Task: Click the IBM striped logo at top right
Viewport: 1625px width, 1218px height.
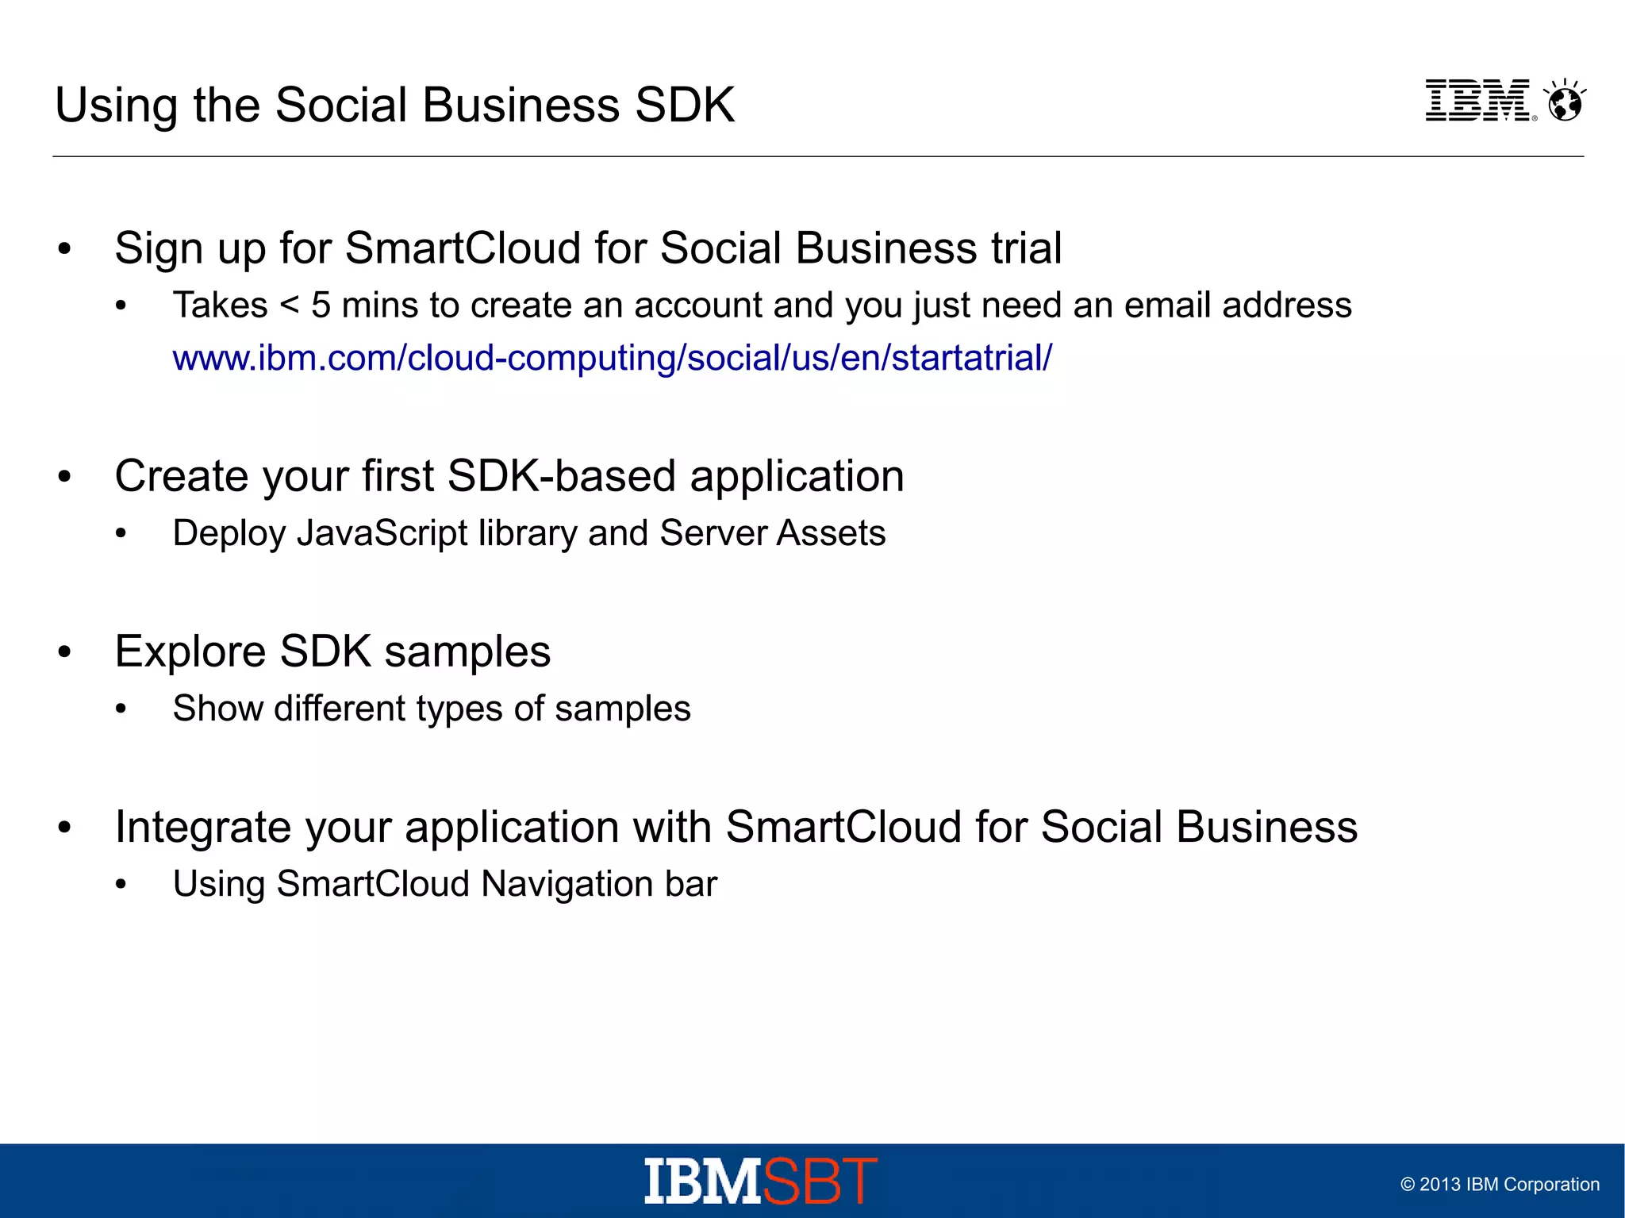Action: [1477, 101]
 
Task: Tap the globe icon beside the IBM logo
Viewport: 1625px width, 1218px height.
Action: [1565, 102]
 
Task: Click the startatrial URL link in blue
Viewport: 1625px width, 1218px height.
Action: [612, 358]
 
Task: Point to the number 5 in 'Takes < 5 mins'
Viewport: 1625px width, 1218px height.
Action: [321, 305]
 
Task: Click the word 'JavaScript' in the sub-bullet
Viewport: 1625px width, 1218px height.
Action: [382, 533]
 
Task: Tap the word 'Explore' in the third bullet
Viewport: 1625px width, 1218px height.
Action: [190, 652]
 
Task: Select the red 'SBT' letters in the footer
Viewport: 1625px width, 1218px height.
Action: [820, 1181]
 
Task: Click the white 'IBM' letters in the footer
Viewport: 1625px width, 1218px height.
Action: [702, 1181]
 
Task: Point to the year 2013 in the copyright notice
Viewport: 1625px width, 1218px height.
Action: [1439, 1185]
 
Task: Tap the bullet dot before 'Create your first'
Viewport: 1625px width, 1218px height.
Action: [65, 477]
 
